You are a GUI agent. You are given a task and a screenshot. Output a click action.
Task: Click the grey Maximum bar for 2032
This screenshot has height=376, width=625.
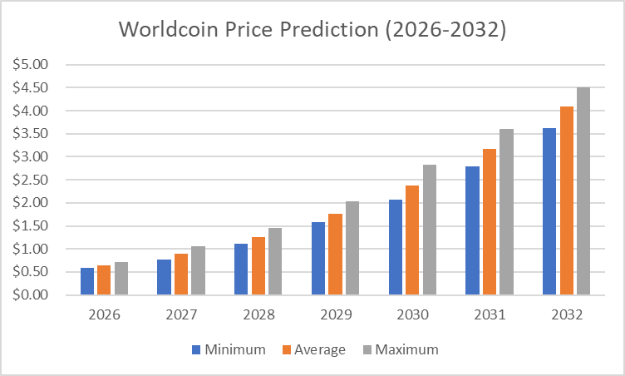click(583, 191)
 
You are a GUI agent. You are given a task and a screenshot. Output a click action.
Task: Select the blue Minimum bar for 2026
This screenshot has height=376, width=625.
click(87, 281)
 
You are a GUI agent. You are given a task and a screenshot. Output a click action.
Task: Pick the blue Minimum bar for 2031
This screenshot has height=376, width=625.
click(472, 230)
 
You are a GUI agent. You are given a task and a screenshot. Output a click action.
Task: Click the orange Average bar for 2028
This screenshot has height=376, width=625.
click(258, 266)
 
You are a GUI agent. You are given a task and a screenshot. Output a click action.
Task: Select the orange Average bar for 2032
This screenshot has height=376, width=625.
click(566, 200)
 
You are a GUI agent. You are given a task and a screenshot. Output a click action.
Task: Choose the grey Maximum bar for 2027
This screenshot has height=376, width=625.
click(198, 270)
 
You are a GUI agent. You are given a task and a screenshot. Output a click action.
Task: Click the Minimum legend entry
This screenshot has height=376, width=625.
click(229, 350)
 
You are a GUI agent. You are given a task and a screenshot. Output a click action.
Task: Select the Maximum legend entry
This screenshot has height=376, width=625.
click(399, 350)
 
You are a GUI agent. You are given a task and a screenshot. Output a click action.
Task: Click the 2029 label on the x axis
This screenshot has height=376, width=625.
click(335, 316)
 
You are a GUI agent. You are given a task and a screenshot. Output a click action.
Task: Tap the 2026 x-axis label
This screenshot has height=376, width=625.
click(104, 316)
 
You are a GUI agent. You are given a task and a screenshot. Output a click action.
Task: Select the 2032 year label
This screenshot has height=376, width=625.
click(566, 316)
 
